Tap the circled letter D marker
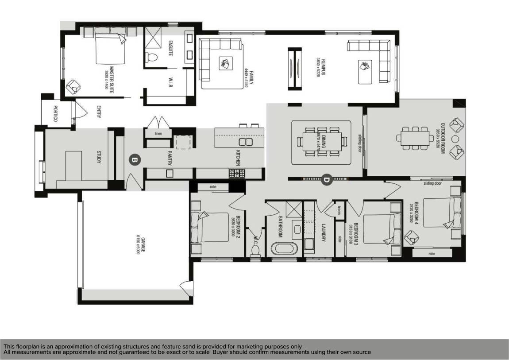point(327,179)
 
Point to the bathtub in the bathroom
point(281,248)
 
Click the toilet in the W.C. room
point(254,250)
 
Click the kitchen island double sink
point(245,142)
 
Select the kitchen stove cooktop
point(237,174)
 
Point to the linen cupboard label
point(158,133)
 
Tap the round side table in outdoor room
point(455,139)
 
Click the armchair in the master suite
point(73,87)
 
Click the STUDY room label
point(99,157)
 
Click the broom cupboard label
point(339,210)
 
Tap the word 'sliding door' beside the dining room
point(360,143)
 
